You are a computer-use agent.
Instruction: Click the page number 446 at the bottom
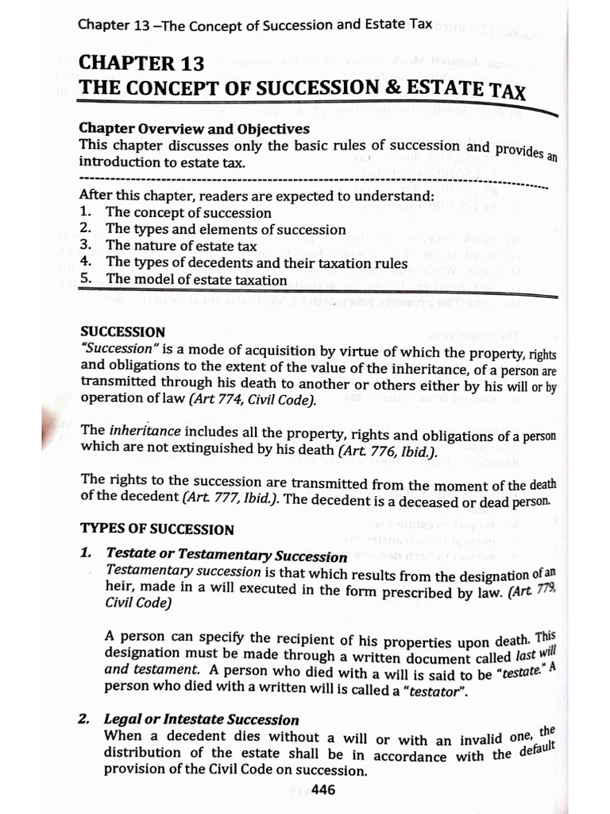tap(324, 789)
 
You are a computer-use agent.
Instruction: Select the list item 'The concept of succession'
tap(188, 212)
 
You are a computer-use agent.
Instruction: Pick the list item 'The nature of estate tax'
tap(181, 246)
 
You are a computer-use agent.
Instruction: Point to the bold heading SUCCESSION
tap(123, 331)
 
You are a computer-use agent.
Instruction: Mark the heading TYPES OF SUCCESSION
tap(157, 529)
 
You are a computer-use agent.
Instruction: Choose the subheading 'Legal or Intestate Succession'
tap(202, 719)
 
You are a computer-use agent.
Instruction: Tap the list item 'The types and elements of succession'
tap(226, 229)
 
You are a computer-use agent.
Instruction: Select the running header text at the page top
tap(255, 24)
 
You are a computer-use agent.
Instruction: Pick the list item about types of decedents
tap(257, 262)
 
